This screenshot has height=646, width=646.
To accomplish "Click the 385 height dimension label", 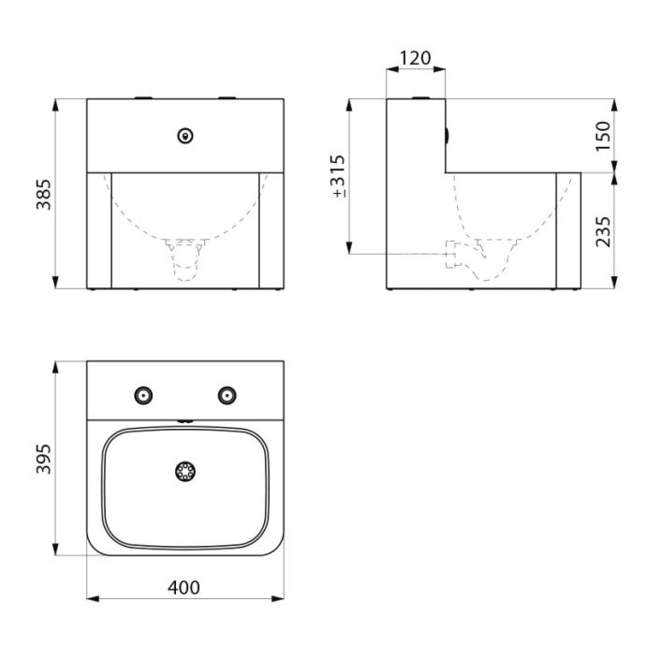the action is click(44, 195).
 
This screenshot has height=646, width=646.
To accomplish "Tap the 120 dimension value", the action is click(416, 58).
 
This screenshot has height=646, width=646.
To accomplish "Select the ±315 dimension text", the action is click(339, 176).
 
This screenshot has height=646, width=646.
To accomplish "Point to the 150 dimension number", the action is click(603, 137).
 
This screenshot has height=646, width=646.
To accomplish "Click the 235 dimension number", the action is click(603, 232).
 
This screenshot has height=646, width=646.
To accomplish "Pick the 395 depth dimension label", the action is click(44, 459).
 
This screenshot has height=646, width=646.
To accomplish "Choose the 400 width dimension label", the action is click(184, 588).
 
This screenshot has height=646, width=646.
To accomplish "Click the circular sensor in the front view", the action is click(185, 136).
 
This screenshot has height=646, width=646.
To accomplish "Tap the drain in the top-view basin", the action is click(185, 471).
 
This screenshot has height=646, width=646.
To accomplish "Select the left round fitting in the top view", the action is click(143, 395).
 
